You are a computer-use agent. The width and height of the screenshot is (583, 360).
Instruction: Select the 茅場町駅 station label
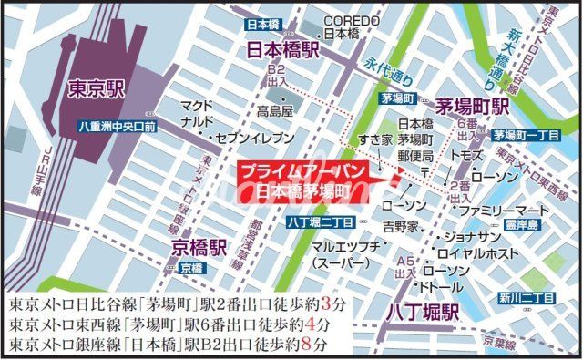coord(472,107)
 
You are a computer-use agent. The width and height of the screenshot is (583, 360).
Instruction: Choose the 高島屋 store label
coord(274,112)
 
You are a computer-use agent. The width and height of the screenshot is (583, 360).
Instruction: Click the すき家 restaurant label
coord(374,140)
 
